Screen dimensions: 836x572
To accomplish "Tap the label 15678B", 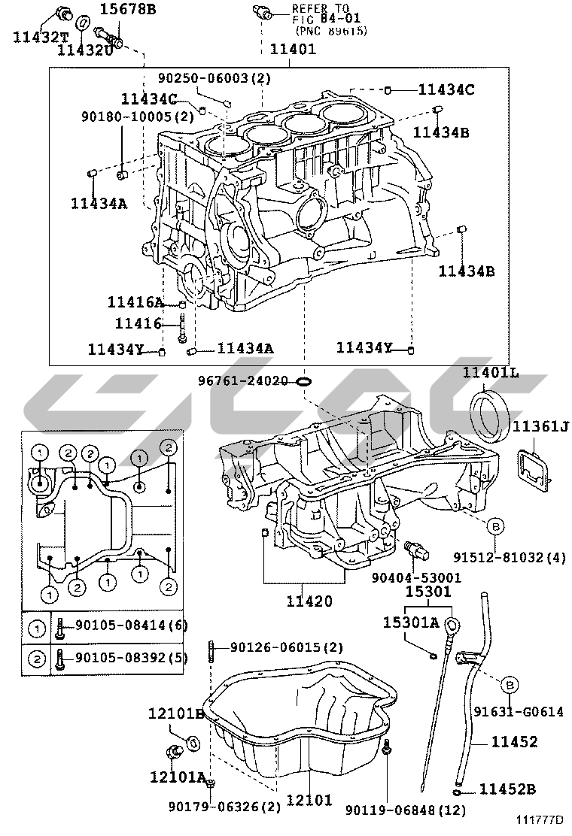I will [x=128, y=9].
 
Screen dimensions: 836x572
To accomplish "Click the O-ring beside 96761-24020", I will [x=303, y=381].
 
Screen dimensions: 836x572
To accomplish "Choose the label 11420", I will [x=309, y=601].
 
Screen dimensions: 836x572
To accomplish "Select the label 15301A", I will [x=410, y=622].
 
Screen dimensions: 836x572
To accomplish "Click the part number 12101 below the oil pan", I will [x=309, y=800].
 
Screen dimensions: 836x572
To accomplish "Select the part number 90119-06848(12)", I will [x=406, y=810].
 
